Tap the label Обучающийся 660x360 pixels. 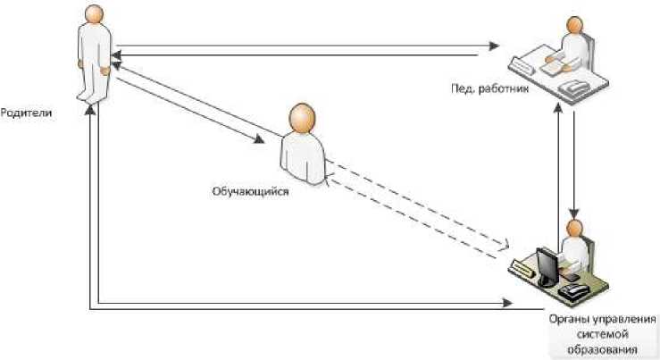[x=250, y=189]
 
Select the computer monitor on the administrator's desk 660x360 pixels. [x=544, y=263]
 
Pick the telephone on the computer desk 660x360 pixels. [x=572, y=291]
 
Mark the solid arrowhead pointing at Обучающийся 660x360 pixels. [x=260, y=138]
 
